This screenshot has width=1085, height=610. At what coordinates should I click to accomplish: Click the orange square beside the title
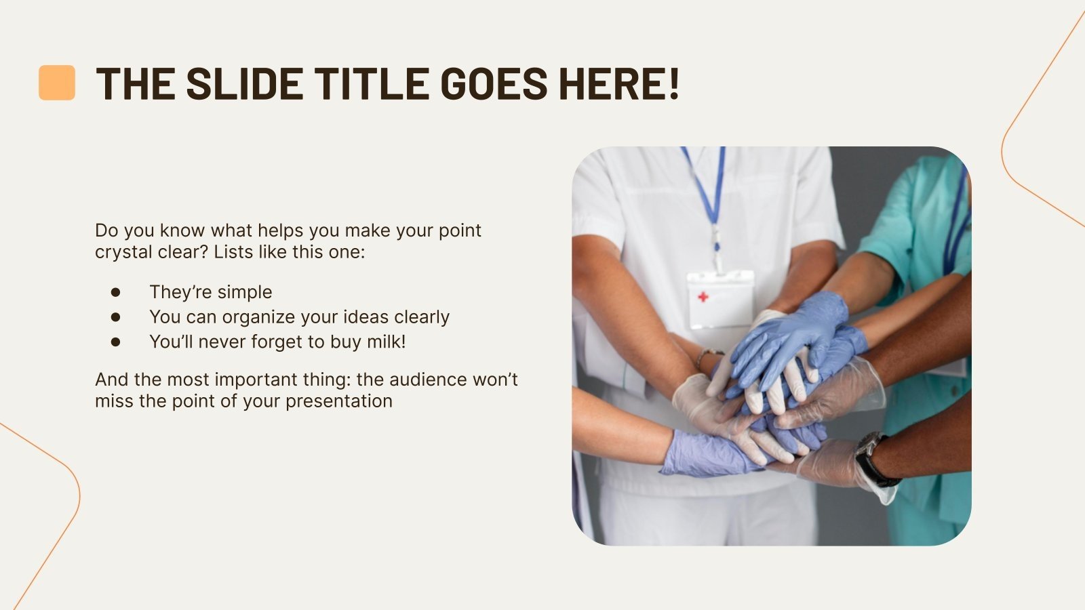(x=57, y=83)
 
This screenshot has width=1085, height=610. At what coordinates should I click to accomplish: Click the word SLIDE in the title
(x=245, y=84)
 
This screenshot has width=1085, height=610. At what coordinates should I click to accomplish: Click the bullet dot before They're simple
(x=115, y=292)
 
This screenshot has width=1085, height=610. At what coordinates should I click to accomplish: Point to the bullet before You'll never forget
(x=115, y=342)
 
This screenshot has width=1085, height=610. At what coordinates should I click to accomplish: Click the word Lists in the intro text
(x=235, y=252)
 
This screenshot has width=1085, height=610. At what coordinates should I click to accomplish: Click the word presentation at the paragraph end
(x=338, y=401)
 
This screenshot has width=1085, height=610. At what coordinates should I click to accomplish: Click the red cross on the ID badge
(x=703, y=297)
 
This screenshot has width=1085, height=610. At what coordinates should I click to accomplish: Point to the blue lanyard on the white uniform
(x=706, y=190)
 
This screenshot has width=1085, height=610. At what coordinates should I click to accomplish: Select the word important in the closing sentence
(x=261, y=380)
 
